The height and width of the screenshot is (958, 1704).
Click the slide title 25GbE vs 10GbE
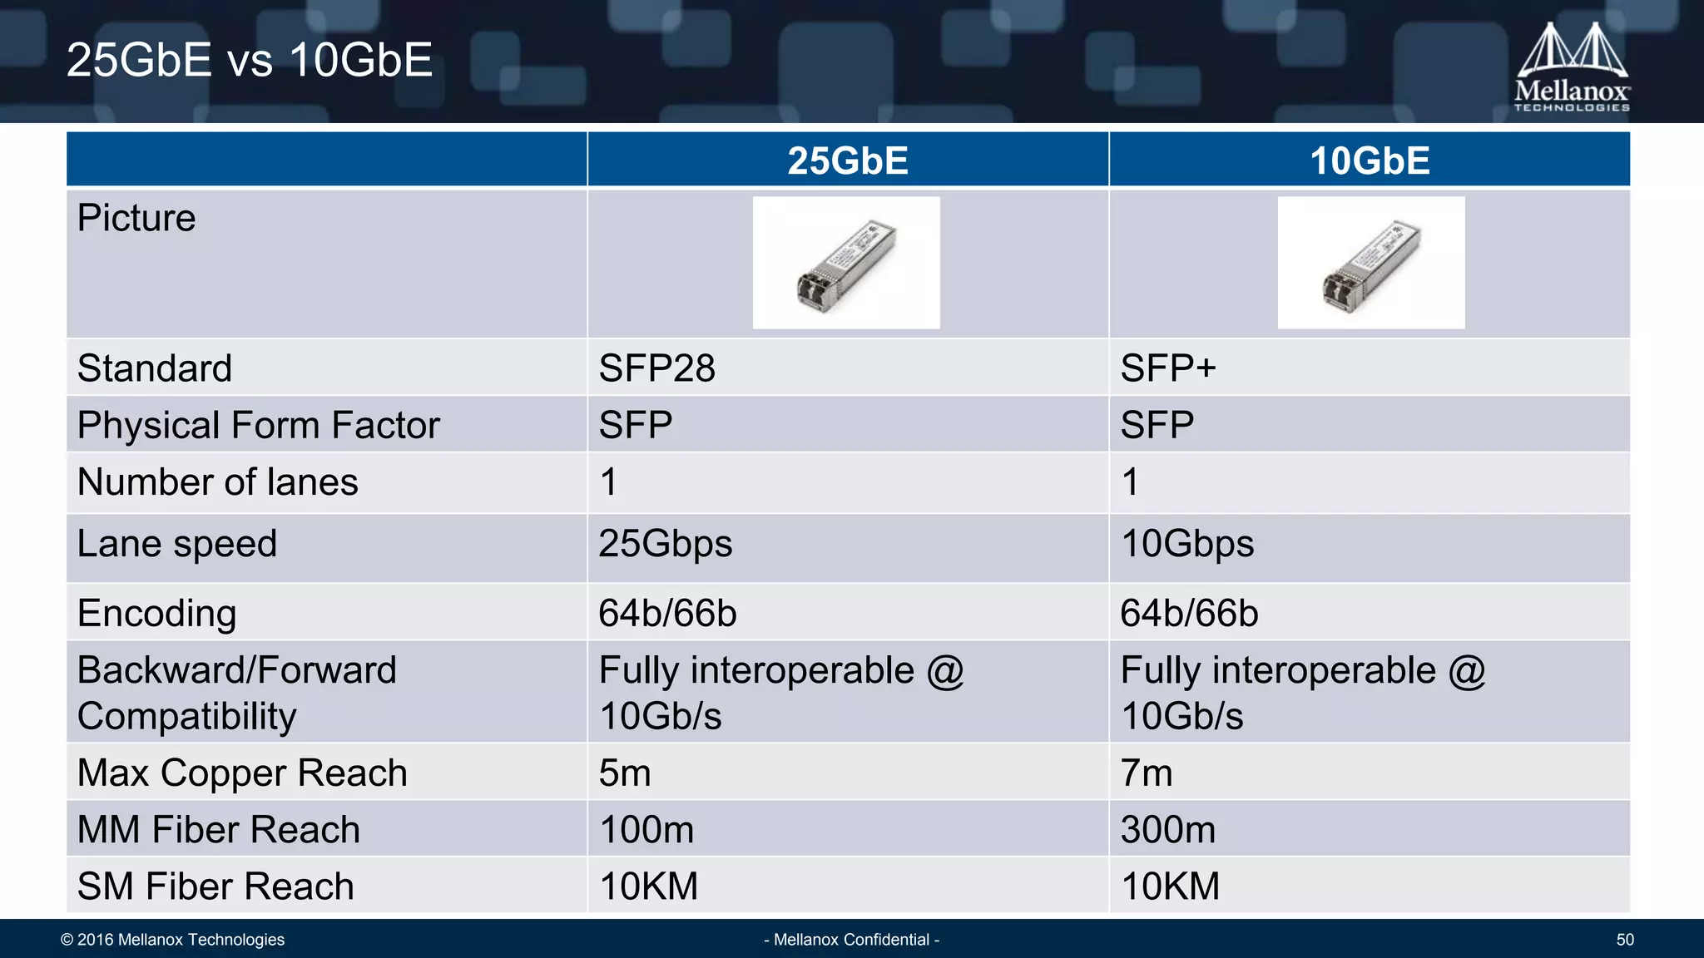click(249, 60)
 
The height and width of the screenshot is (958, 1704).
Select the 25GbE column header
click(847, 160)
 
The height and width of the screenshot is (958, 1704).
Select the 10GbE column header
click(1370, 160)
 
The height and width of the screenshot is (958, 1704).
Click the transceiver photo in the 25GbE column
click(846, 263)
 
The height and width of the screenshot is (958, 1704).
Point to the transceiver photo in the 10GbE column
click(1370, 263)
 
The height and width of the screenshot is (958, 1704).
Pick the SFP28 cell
click(656, 368)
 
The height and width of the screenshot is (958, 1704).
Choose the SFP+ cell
click(1167, 368)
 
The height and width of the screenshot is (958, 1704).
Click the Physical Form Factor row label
click(258, 425)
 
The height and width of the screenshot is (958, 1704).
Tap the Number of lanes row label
click(217, 482)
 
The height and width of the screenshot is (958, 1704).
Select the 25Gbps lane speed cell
click(665, 544)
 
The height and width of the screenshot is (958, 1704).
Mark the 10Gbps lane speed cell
click(1186, 544)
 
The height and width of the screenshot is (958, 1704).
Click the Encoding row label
click(156, 614)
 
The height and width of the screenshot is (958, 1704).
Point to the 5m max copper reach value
click(624, 773)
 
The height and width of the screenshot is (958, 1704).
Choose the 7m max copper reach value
click(1146, 773)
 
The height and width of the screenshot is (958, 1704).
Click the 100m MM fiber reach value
click(646, 830)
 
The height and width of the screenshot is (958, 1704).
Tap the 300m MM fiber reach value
click(1167, 830)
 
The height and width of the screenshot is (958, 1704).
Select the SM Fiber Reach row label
click(215, 886)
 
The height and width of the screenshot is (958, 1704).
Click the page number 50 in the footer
click(1624, 940)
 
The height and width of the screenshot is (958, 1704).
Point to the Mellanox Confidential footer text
click(851, 940)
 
